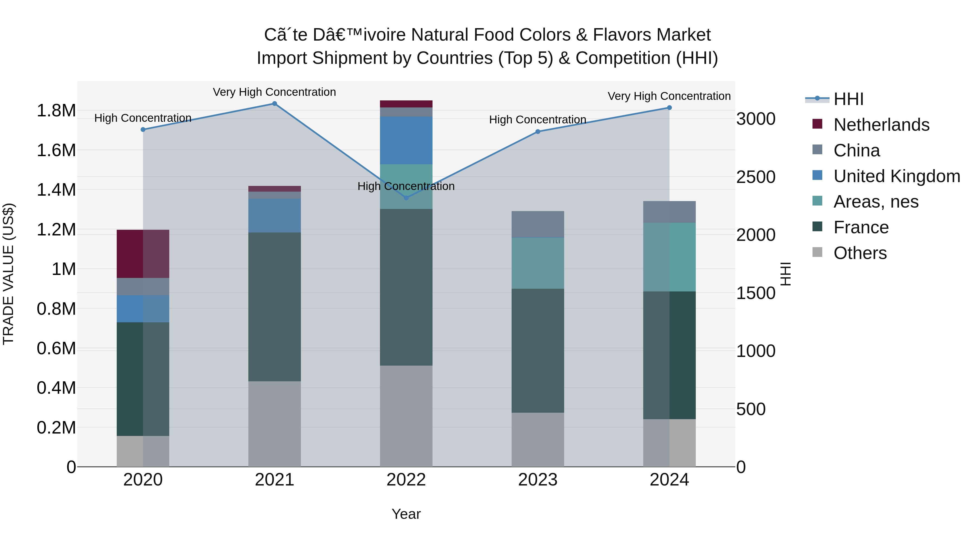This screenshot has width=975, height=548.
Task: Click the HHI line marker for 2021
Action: click(274, 104)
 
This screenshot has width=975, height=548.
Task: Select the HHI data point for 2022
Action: click(406, 198)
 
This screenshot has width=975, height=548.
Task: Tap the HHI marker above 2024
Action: click(669, 108)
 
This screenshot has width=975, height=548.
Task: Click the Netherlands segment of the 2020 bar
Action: click(143, 254)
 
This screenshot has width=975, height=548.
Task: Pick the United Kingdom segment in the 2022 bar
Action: click(406, 140)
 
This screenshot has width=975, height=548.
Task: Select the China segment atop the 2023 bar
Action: click(537, 224)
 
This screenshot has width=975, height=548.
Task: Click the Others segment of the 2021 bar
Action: click(274, 424)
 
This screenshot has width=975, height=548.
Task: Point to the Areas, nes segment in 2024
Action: click(669, 257)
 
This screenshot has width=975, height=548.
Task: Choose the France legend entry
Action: click(861, 228)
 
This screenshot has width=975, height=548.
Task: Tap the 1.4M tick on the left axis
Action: click(56, 190)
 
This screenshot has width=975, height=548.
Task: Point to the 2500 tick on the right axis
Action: click(755, 177)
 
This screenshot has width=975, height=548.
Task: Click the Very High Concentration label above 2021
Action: click(274, 92)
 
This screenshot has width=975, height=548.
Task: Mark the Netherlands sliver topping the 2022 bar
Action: click(406, 104)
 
